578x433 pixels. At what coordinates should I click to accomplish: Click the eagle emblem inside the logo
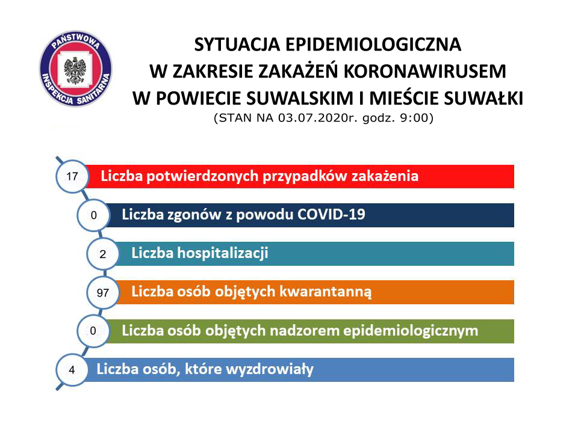pos(75,70)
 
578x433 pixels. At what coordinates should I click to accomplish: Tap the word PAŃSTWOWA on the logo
pos(76,40)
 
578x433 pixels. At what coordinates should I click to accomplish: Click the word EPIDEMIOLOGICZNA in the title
pos(373,45)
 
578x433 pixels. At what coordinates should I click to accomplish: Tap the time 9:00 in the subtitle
pos(414,118)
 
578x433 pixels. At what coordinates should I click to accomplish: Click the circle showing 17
pos(72,176)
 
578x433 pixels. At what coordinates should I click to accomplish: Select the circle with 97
pos(103,293)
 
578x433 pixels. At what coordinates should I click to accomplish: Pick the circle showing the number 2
pos(103,254)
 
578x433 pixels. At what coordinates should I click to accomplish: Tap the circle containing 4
pos(72,370)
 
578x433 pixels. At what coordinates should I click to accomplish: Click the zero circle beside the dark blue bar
pos(93,215)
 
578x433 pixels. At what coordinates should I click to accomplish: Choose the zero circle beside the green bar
pos(93,331)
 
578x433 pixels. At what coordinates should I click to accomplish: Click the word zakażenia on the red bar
pos(385,176)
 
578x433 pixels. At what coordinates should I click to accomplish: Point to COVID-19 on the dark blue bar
pos(331,214)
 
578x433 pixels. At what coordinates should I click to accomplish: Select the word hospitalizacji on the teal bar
pos(223,253)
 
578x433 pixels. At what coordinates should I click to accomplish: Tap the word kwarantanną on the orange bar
pos(326,292)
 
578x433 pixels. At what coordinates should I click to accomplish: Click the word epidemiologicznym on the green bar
pos(411,331)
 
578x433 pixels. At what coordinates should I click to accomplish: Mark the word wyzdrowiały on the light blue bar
pos(270,369)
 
